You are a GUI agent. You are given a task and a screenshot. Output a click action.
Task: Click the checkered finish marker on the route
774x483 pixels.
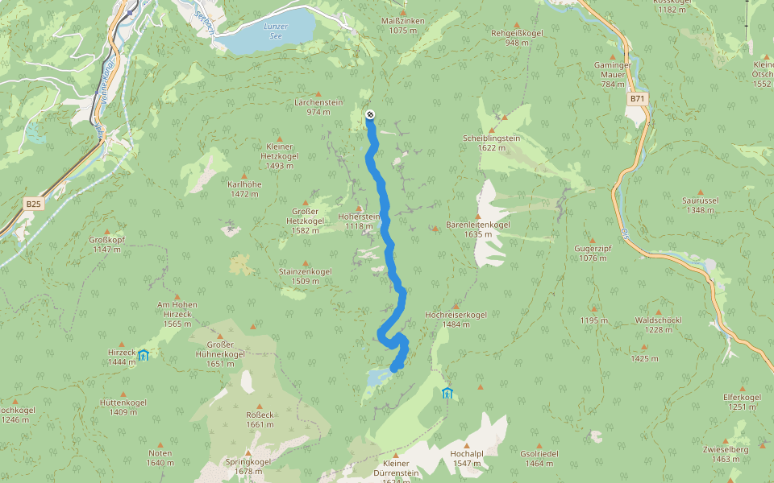click(370, 114)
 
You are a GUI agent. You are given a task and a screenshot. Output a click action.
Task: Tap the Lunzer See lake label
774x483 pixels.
click(276, 31)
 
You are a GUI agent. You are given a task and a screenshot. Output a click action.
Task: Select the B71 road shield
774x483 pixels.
click(638, 98)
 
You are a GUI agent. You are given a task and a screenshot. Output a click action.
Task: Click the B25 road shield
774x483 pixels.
click(33, 204)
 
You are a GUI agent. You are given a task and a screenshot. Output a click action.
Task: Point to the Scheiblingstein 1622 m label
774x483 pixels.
click(491, 142)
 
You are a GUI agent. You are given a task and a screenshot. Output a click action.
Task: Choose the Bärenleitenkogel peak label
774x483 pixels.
click(478, 229)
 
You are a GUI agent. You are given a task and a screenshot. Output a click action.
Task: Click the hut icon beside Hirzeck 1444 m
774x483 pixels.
click(144, 355)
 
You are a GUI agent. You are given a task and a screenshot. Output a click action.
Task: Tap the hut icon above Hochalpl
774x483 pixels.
click(447, 393)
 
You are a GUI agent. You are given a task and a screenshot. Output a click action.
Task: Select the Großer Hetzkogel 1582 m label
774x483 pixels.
click(306, 225)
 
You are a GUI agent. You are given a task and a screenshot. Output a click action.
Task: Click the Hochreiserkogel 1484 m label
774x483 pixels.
click(456, 319)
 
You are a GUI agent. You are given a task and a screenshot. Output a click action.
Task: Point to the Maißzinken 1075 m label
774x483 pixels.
click(403, 26)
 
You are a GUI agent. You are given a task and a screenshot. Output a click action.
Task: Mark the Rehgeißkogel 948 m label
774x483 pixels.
click(517, 37)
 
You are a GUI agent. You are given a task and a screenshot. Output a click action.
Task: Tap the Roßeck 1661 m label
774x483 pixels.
click(260, 419)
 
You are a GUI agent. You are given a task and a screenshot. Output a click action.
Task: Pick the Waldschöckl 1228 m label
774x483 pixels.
click(659, 324)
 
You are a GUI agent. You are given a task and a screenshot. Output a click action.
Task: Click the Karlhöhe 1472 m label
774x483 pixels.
click(244, 189)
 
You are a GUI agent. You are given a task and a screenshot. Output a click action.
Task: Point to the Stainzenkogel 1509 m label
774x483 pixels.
click(306, 276)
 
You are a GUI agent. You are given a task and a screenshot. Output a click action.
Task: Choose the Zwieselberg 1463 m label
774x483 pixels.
click(726, 454)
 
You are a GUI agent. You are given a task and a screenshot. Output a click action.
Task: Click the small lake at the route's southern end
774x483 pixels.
click(377, 376)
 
